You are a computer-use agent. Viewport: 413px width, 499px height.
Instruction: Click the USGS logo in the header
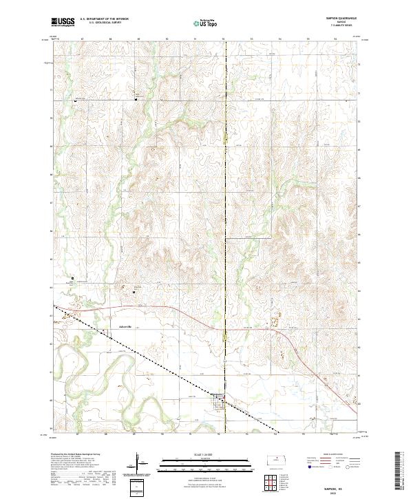63,23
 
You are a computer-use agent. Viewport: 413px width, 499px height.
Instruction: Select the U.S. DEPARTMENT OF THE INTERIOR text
104,19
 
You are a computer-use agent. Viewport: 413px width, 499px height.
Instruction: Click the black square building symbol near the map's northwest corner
75,102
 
